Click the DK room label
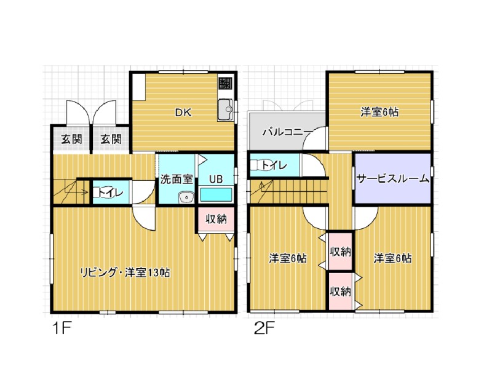(x=183, y=113)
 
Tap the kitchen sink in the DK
(x=225, y=110)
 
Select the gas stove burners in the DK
(x=225, y=82)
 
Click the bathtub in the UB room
(x=216, y=195)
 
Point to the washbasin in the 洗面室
(x=186, y=197)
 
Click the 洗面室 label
(x=176, y=179)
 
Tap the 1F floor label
(x=62, y=328)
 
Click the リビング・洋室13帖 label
(x=125, y=273)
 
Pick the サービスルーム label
(x=392, y=178)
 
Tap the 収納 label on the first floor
(x=216, y=219)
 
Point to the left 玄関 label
(x=71, y=139)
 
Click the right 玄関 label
(x=111, y=139)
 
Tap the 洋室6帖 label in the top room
(x=379, y=112)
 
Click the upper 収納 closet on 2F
(x=340, y=251)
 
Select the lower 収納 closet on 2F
(x=340, y=292)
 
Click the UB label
(x=216, y=179)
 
